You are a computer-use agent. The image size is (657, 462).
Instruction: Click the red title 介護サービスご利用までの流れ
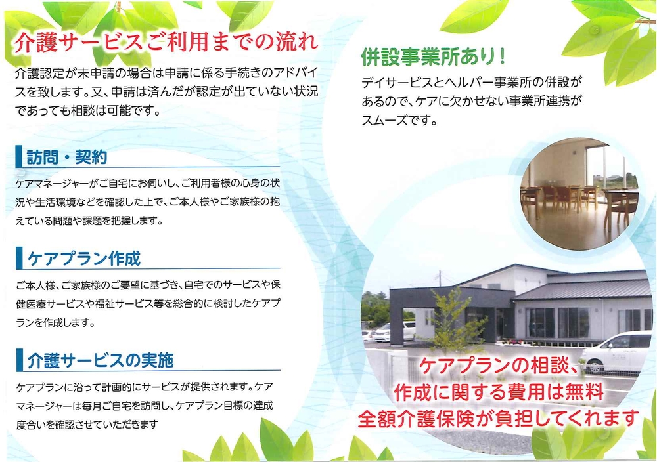166,42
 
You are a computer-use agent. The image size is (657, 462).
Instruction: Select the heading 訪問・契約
67,157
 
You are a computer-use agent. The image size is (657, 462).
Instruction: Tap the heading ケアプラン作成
84,259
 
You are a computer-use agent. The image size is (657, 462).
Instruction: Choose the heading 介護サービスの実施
100,360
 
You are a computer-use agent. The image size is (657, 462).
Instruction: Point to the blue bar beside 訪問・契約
18,157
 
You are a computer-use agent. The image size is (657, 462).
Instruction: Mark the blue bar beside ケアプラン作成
19,258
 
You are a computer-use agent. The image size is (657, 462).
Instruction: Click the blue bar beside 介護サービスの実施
19,360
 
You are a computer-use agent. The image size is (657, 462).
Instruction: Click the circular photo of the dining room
580,194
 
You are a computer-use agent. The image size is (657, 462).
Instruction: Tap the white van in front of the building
616,352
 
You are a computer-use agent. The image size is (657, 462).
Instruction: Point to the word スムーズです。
399,121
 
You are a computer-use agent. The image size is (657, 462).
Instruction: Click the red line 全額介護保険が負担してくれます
499,418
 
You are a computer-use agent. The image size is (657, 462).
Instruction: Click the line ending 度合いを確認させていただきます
87,425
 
